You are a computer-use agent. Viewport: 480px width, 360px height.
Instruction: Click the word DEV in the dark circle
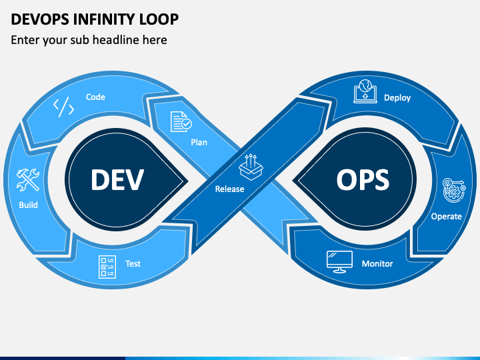[117, 180]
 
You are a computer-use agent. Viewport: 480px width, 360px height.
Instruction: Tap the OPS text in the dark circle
[363, 180]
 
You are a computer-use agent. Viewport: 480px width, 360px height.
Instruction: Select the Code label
[95, 97]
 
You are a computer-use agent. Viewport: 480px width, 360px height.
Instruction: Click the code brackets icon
[64, 107]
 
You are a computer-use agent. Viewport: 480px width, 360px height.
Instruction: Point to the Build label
[28, 205]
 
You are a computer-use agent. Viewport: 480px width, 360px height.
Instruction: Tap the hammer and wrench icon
[28, 180]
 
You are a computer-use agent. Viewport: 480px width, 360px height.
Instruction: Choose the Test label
[133, 263]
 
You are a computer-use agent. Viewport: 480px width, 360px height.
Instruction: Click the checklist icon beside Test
[107, 267]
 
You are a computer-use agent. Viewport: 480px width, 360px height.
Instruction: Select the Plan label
[199, 143]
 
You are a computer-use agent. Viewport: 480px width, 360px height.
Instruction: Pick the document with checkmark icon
[181, 122]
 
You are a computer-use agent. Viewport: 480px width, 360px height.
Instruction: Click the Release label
[229, 189]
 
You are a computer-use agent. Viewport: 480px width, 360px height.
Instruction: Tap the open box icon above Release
[251, 167]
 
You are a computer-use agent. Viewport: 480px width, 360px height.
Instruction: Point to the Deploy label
[397, 98]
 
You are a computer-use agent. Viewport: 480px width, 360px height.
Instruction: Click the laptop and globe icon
[365, 91]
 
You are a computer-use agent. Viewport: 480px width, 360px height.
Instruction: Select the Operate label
[446, 217]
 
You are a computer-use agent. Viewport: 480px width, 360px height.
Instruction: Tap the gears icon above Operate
[454, 190]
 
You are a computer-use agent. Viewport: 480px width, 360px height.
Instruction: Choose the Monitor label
[377, 263]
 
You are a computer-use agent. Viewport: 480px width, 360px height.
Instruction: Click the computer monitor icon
[339, 262]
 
